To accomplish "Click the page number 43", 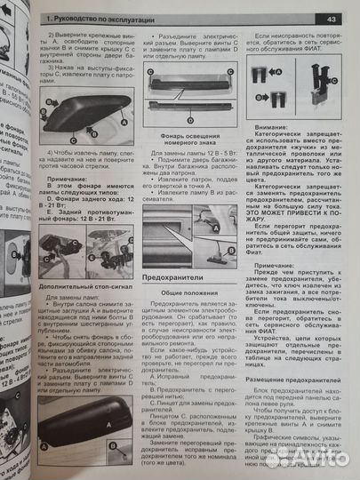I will click(x=331, y=18).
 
